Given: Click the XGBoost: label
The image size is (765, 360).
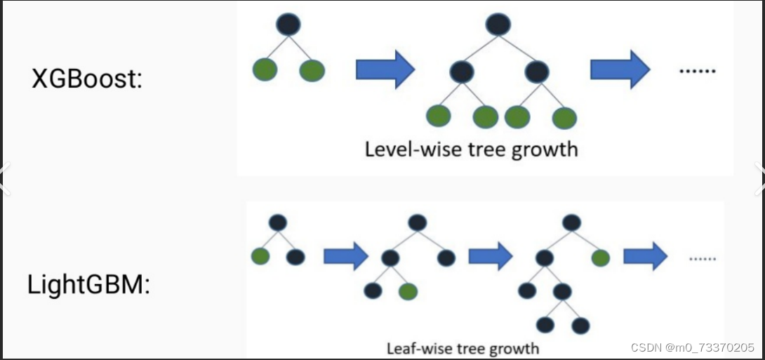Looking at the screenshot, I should tap(87, 79).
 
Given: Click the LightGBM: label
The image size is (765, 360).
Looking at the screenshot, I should tap(89, 285).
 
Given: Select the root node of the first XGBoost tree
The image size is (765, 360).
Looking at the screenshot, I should tap(288, 25).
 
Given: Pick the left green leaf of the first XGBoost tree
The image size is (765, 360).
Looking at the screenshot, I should tap(265, 69).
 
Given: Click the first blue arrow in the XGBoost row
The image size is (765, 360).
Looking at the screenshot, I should tap(385, 69).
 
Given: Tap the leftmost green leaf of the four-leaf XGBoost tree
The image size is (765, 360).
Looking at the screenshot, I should tap(439, 116).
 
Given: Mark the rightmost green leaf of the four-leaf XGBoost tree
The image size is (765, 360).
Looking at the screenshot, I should tap(564, 118).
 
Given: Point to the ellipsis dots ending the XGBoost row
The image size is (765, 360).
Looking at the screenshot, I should tap(698, 72).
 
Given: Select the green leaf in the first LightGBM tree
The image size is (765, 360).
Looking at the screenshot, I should tap(260, 256).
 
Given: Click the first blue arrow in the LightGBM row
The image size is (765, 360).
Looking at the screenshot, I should tap(346, 256).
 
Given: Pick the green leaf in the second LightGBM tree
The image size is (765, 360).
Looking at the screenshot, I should tap(408, 290).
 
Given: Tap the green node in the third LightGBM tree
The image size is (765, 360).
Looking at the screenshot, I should tap(600, 258).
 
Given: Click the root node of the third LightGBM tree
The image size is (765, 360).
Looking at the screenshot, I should tap(571, 222).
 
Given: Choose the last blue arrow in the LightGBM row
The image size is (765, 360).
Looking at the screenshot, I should tap(645, 256).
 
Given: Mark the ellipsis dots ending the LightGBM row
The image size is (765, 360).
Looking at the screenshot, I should tap(701, 258).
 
